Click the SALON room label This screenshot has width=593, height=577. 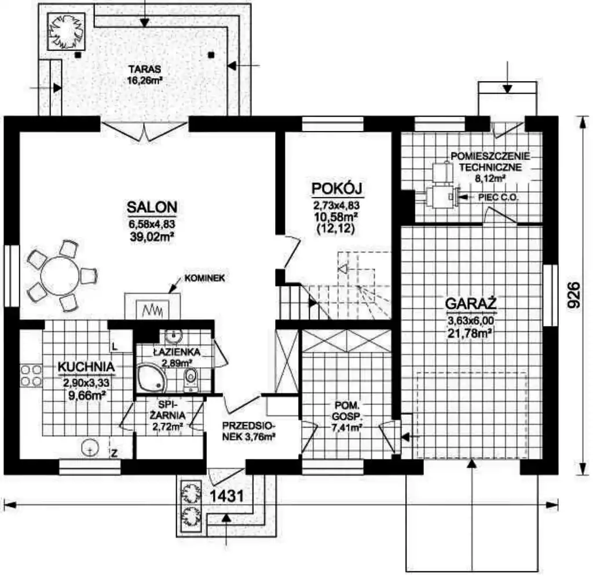(152, 207)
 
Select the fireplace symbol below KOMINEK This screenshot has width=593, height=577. (152, 306)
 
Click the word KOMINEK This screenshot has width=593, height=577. (204, 278)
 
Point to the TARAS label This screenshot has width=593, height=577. (144, 70)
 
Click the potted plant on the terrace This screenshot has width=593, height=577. (66, 32)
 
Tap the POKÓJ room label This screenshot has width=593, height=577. (338, 188)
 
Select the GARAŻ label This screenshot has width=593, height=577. (471, 304)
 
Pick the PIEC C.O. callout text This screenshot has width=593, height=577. (497, 197)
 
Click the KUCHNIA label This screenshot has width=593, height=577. (86, 367)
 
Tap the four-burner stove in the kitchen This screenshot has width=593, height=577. (31, 375)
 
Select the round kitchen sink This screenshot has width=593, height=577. (90, 448)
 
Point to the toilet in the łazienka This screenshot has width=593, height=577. (190, 379)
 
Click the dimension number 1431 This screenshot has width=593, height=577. (226, 496)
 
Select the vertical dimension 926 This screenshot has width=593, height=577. (574, 295)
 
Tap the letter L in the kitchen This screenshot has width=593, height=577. (115, 346)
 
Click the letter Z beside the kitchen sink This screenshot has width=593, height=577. (114, 452)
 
